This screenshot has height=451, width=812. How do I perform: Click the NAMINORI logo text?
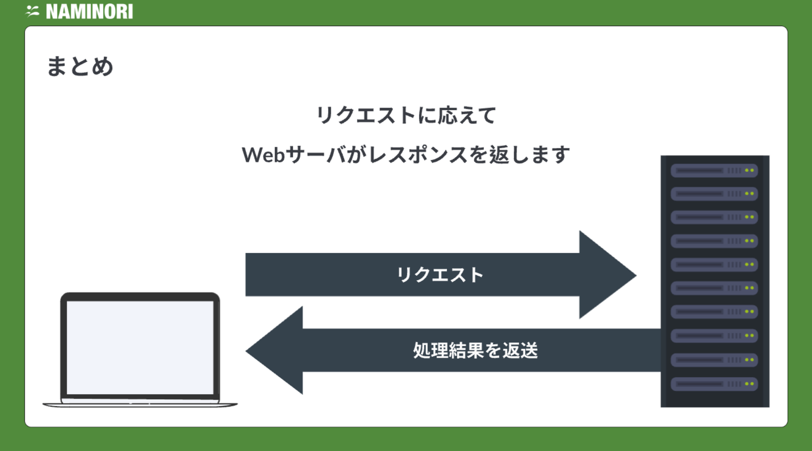(89, 11)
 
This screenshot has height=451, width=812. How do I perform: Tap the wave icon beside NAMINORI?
(32, 11)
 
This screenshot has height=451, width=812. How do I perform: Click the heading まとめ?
(80, 66)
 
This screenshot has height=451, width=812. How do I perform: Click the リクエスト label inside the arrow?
(440, 275)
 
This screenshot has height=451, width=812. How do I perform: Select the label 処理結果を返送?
(475, 350)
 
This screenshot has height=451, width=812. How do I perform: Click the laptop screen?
(140, 347)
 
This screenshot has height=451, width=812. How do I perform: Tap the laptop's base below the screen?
(140, 403)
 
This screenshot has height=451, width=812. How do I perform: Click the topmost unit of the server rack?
(714, 170)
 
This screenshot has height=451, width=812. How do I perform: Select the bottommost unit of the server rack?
(714, 384)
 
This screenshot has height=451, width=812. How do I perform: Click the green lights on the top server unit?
(749, 170)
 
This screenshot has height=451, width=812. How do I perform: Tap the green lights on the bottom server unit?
(749, 384)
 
